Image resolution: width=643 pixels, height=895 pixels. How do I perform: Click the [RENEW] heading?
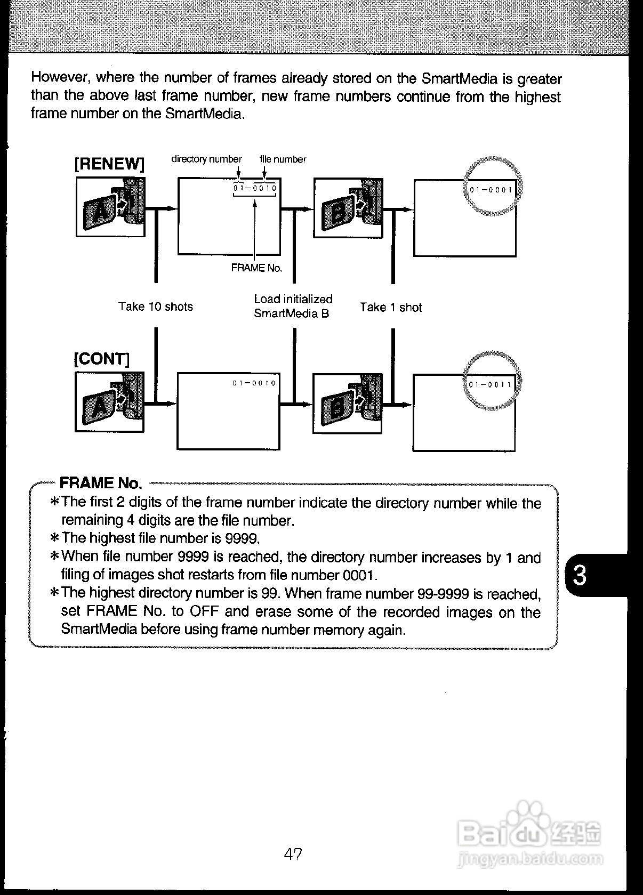109,164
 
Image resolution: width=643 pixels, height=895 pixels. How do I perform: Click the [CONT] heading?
101,359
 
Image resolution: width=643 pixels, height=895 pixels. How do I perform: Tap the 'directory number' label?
206,159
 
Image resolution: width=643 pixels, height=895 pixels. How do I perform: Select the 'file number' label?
283,159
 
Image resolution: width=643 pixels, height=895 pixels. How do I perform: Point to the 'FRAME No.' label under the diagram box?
256,268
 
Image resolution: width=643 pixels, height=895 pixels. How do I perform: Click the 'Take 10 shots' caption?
155,307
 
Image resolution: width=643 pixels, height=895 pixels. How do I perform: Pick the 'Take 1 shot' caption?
390,307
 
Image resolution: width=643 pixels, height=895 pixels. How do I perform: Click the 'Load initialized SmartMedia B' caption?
293,306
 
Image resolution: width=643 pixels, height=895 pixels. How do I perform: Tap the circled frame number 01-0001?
491,190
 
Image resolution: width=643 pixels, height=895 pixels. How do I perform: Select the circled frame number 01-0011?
490,384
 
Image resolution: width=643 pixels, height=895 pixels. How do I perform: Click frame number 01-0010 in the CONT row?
254,383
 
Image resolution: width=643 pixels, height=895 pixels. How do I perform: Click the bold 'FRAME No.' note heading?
101,483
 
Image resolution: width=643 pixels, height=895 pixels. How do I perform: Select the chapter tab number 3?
580,576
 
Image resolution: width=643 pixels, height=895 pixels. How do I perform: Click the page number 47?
293,854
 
